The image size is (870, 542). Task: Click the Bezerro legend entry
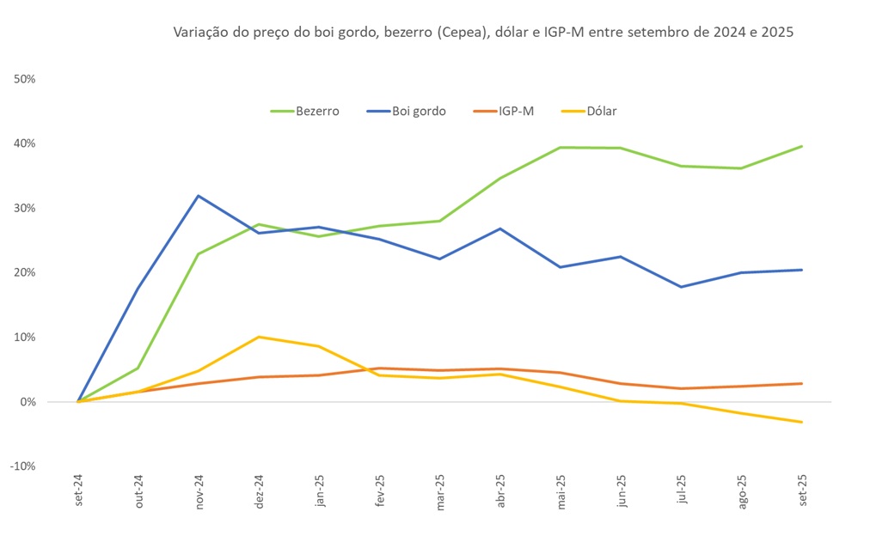tap(304, 111)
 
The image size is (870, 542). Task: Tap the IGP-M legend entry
tap(503, 111)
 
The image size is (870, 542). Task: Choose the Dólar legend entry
tap(589, 111)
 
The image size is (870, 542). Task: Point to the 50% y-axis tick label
tap(24, 79)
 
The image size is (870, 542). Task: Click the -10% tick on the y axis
tap(22, 466)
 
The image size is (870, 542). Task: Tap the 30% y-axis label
tap(24, 208)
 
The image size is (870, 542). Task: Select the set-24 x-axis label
tap(79, 494)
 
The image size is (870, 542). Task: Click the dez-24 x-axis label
tap(260, 494)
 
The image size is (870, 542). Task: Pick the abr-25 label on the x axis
tap(500, 494)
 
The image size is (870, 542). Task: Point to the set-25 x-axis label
tap(802, 494)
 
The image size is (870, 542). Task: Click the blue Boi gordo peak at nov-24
tap(199, 196)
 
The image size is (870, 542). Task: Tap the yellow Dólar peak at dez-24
tap(259, 337)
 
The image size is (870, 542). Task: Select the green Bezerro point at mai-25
tap(561, 147)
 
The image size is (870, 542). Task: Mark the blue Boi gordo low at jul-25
tap(681, 287)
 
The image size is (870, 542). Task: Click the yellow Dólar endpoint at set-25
tap(801, 422)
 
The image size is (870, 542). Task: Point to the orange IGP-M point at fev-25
tap(379, 368)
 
